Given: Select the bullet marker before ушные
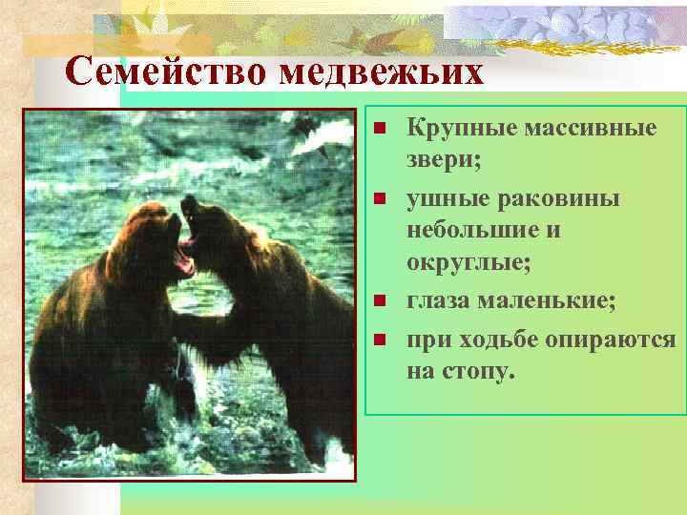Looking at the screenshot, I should pos(379,198).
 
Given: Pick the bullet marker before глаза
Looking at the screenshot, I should pos(379,301).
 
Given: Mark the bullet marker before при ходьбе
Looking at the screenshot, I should pos(379,340).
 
